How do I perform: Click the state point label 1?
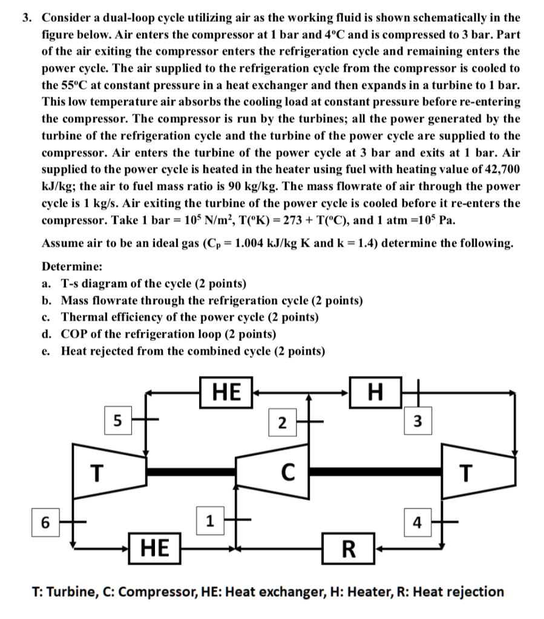209,520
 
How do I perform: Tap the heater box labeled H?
375,394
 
